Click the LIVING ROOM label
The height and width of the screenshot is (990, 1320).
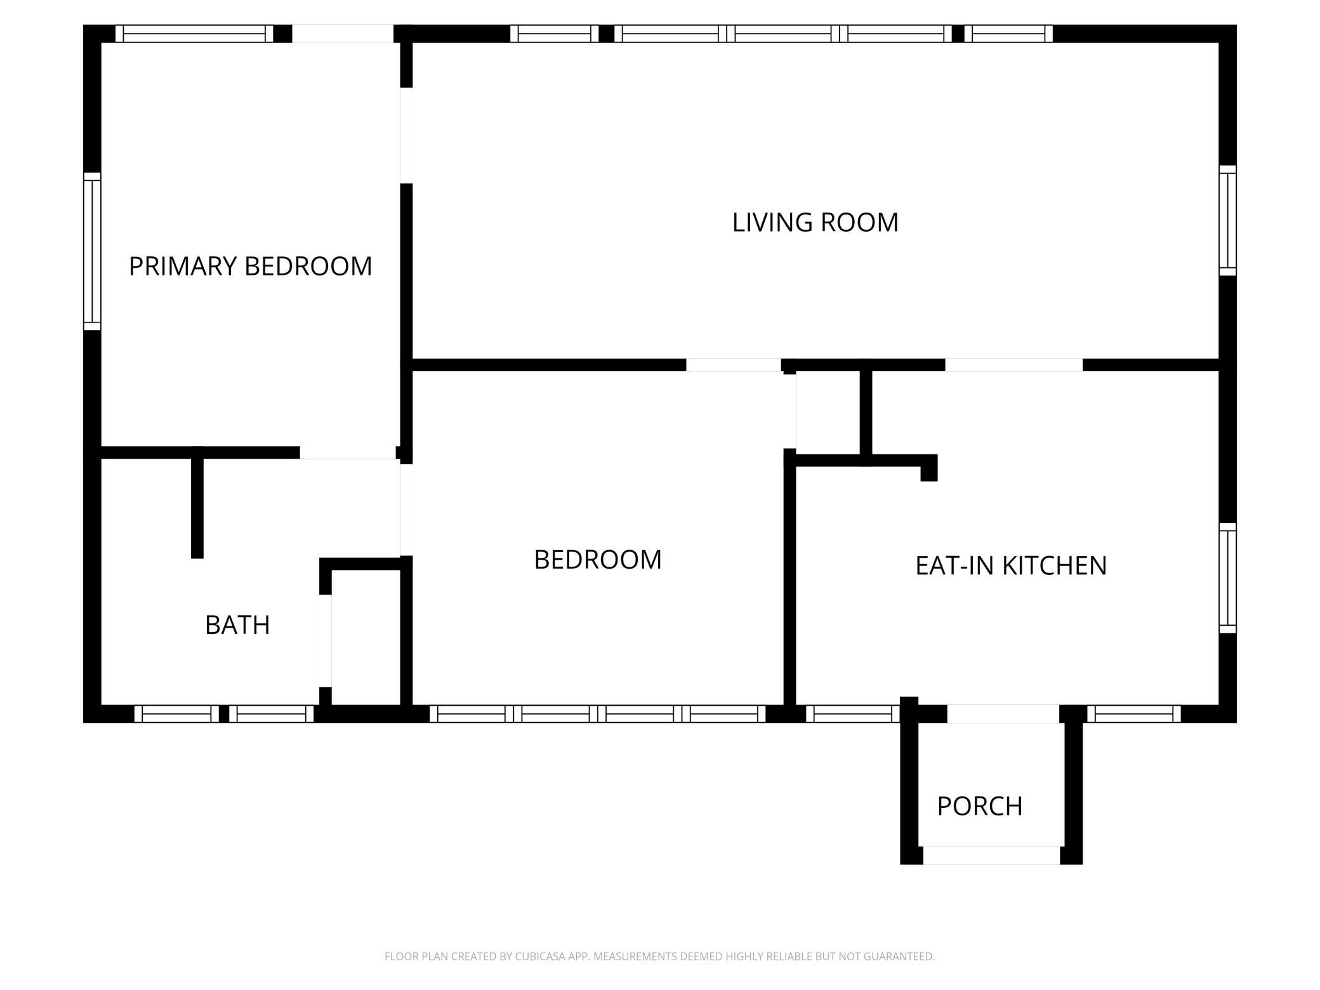point(815,223)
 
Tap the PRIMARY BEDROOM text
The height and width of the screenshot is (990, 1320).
point(251,267)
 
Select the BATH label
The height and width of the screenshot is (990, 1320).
point(237,625)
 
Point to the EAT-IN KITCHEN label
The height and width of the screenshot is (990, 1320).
point(1011,565)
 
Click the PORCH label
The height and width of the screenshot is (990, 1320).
point(980,807)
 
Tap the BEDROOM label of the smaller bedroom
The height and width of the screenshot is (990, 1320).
point(598,560)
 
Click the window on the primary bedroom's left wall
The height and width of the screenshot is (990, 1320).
point(93,251)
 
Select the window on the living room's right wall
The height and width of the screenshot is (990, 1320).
point(1228,221)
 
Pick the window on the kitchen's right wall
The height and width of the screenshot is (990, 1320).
point(1228,578)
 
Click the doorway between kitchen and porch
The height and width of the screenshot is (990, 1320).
point(1003,714)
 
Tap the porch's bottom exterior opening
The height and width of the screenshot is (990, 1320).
point(991,855)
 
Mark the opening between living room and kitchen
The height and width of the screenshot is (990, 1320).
point(1014,365)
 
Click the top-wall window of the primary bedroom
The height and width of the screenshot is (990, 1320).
point(194,34)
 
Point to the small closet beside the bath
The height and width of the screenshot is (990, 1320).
point(366,637)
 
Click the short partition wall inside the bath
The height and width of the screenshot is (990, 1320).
point(197,503)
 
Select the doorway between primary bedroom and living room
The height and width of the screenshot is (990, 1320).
point(406,135)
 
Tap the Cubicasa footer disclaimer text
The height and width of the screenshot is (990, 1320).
point(660,956)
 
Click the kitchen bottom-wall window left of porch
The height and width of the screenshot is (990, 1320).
point(853,714)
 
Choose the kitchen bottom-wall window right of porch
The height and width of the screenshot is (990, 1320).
point(1134,714)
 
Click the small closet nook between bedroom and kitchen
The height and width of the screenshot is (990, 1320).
point(828,413)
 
